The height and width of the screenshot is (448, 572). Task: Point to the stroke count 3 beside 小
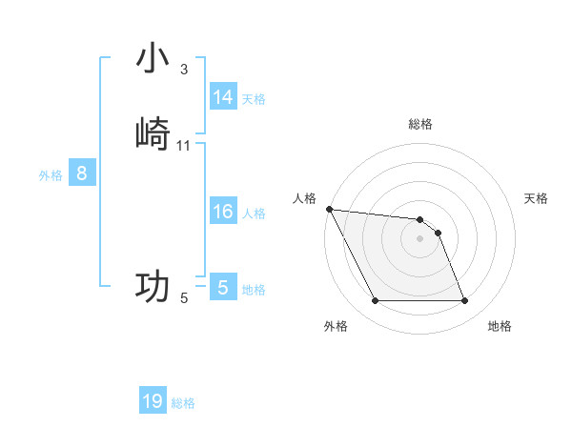pos(184,70)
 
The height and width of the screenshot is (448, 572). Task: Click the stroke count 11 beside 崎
pos(184,145)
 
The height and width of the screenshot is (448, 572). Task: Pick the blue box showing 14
pos(223,97)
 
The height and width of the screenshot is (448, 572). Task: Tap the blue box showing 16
pos(223,212)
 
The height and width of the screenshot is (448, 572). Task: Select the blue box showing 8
pos(82,173)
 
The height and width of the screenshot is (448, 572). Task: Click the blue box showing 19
pos(153,401)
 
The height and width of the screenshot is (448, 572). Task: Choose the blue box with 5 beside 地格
pos(223,288)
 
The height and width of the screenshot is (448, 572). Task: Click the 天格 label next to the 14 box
pos(254,99)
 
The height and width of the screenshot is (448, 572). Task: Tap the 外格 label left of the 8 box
pos(51,175)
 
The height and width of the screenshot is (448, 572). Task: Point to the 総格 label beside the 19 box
pos(183,403)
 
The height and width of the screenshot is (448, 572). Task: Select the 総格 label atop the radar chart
pos(420,124)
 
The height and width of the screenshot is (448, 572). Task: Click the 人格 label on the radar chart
pos(304,198)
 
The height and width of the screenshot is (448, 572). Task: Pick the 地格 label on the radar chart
pos(500,326)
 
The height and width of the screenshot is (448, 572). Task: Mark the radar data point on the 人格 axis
pos(329,209)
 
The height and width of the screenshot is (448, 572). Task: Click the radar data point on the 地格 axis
pos(464,301)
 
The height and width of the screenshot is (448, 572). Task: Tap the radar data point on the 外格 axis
pos(375,301)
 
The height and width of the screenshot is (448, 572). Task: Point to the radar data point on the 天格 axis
pos(438,233)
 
